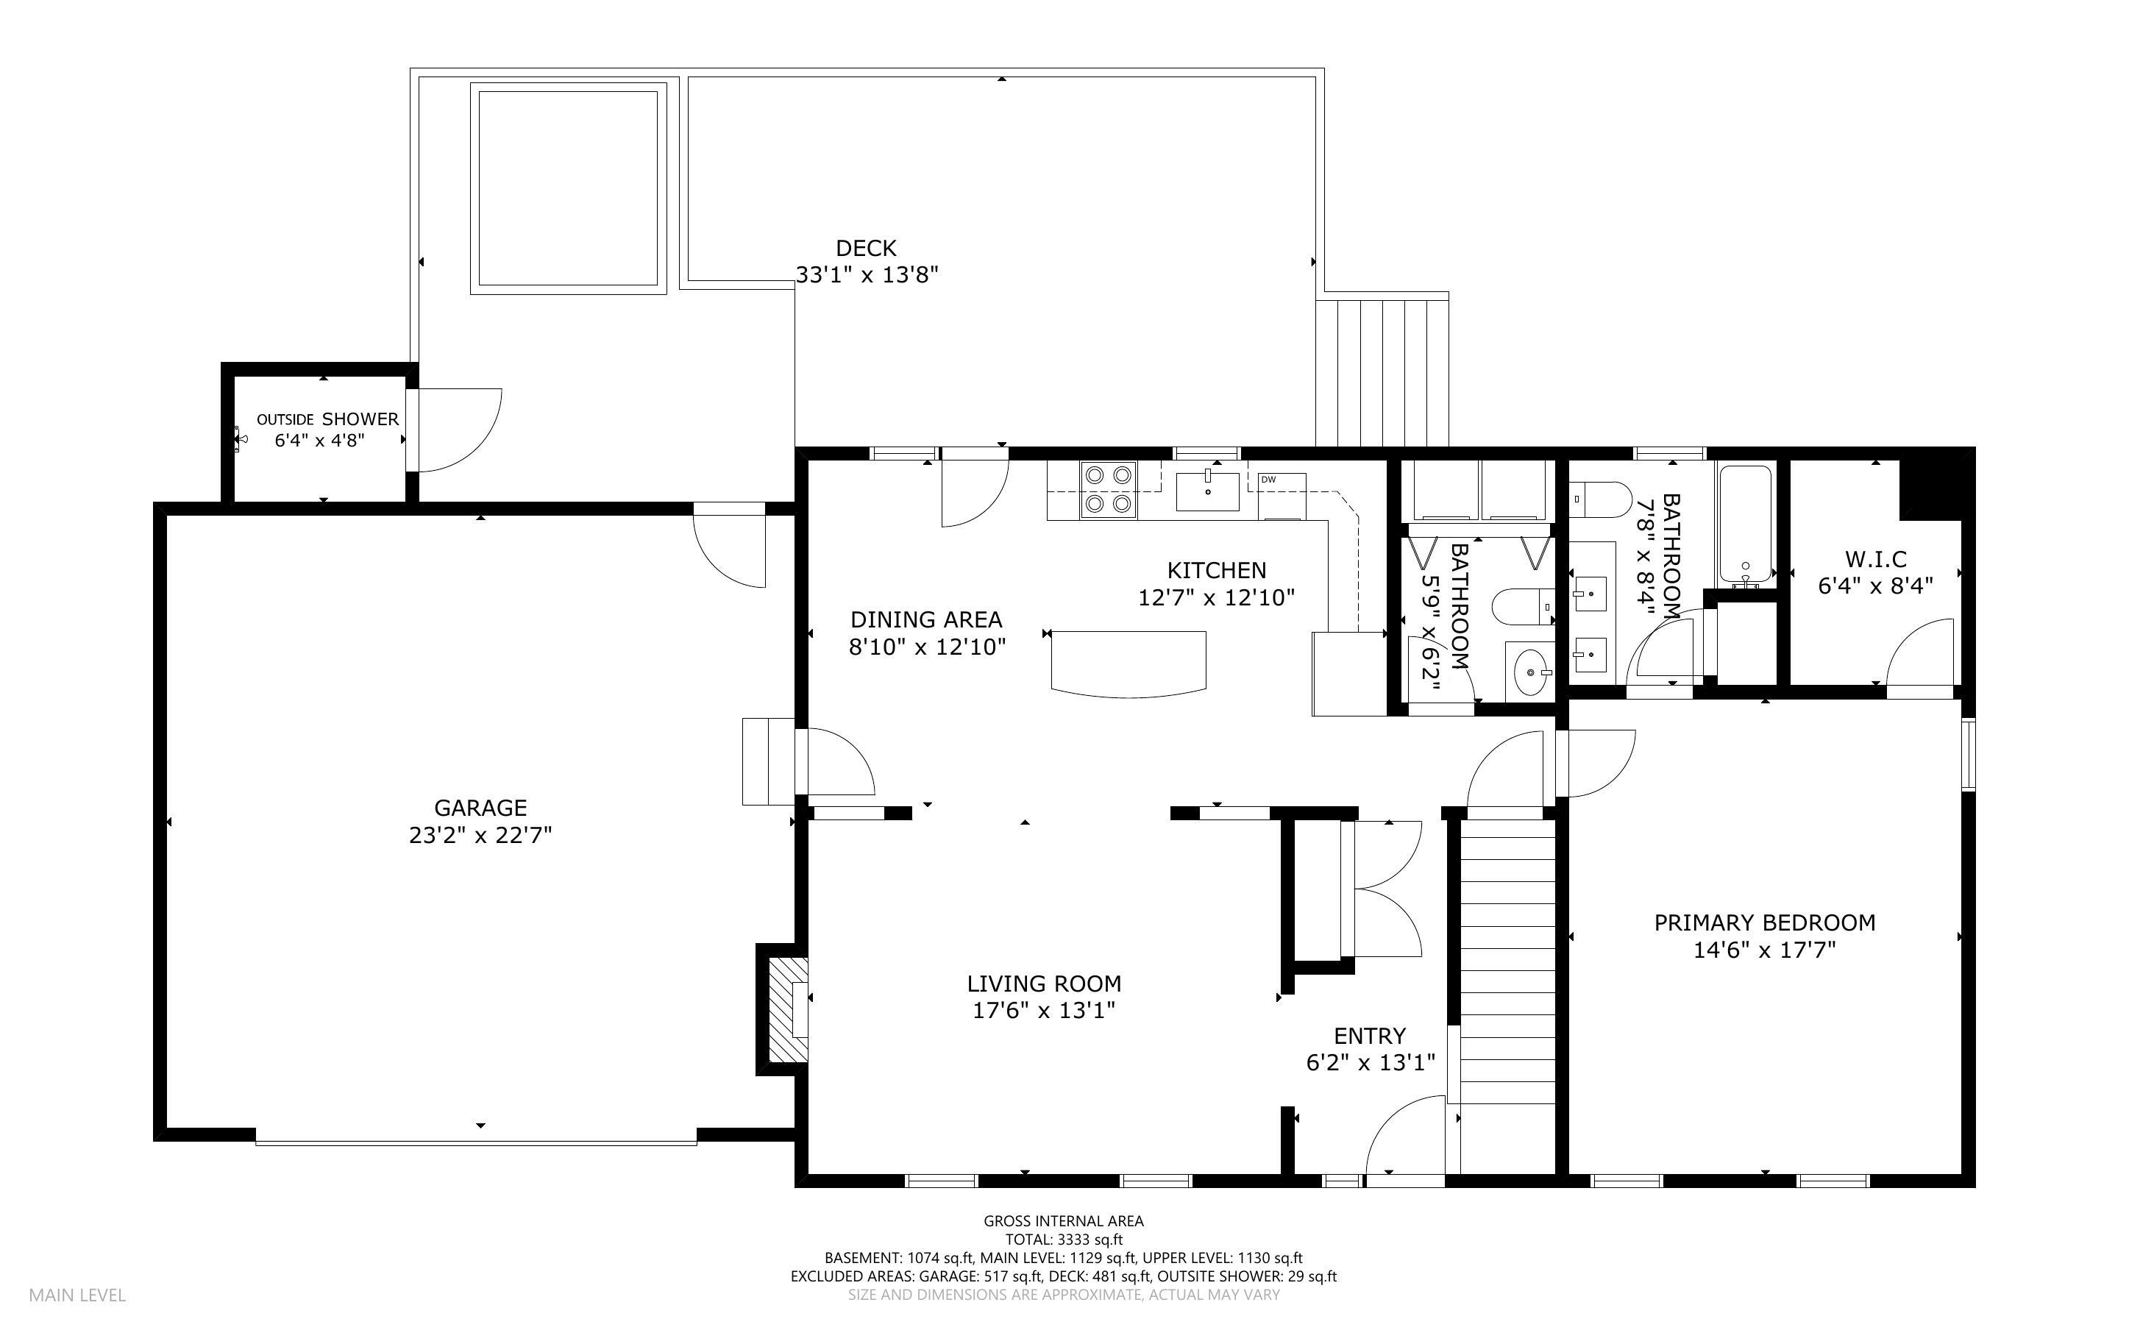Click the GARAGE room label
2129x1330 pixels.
click(x=480, y=808)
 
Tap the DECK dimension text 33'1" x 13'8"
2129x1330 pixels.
click(x=867, y=275)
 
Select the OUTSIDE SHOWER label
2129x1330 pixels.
click(x=327, y=419)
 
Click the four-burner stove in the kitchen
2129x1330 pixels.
click(x=1108, y=489)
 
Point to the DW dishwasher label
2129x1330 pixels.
click(x=1268, y=480)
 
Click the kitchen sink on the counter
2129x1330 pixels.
click(x=1207, y=491)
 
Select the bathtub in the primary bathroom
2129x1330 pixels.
click(x=1745, y=525)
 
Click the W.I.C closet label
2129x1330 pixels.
click(x=1875, y=560)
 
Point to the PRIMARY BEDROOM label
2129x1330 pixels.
click(x=1764, y=922)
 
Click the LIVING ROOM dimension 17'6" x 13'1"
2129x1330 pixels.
click(x=1044, y=1011)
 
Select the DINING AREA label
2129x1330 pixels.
click(x=926, y=619)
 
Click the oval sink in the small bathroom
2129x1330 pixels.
click(x=1531, y=673)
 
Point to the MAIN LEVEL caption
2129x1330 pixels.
click(x=77, y=1295)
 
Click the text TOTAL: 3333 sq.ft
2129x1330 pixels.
click(x=1063, y=1240)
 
